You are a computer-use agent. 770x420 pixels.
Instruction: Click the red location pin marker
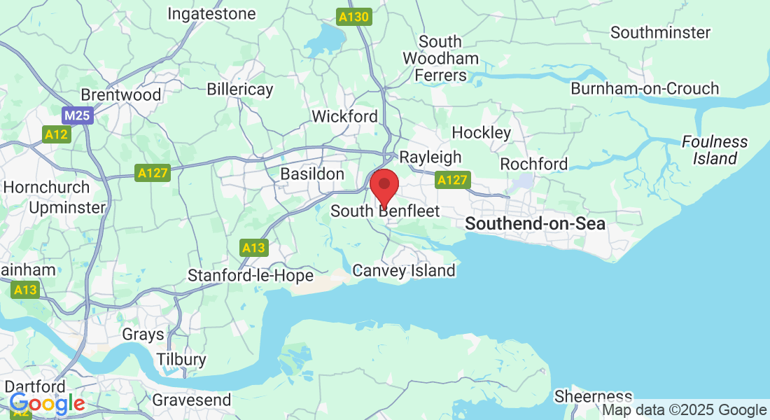pyautogui.click(x=384, y=185)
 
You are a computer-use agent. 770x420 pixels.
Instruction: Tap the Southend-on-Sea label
pyautogui.click(x=535, y=224)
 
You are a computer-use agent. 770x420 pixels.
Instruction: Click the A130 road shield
pyautogui.click(x=353, y=17)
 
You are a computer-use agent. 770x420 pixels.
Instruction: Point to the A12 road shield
pyautogui.click(x=56, y=134)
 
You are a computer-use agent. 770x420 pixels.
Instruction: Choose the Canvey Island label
pyautogui.click(x=404, y=270)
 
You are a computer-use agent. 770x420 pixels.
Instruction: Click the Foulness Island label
pyautogui.click(x=715, y=150)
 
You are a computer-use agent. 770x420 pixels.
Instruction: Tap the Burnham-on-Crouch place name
pyautogui.click(x=645, y=89)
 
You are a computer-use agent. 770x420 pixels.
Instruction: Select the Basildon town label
pyautogui.click(x=312, y=174)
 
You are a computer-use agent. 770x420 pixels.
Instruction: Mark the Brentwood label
pyautogui.click(x=121, y=94)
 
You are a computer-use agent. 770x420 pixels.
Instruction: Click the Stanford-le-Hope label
pyautogui.click(x=251, y=276)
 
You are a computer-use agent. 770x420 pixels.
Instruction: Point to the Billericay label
pyautogui.click(x=240, y=90)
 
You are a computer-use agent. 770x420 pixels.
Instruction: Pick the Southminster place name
pyautogui.click(x=660, y=32)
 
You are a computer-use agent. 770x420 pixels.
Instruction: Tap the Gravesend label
pyautogui.click(x=192, y=400)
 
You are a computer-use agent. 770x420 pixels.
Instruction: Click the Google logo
pyautogui.click(x=47, y=403)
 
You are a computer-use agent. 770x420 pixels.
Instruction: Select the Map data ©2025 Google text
pyautogui.click(x=685, y=410)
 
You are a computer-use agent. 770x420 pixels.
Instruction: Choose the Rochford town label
pyautogui.click(x=533, y=164)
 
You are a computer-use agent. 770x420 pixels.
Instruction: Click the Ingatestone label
pyautogui.click(x=211, y=13)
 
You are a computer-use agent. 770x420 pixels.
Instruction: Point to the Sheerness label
pyautogui.click(x=593, y=397)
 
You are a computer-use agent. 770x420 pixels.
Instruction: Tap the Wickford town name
pyautogui.click(x=344, y=116)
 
